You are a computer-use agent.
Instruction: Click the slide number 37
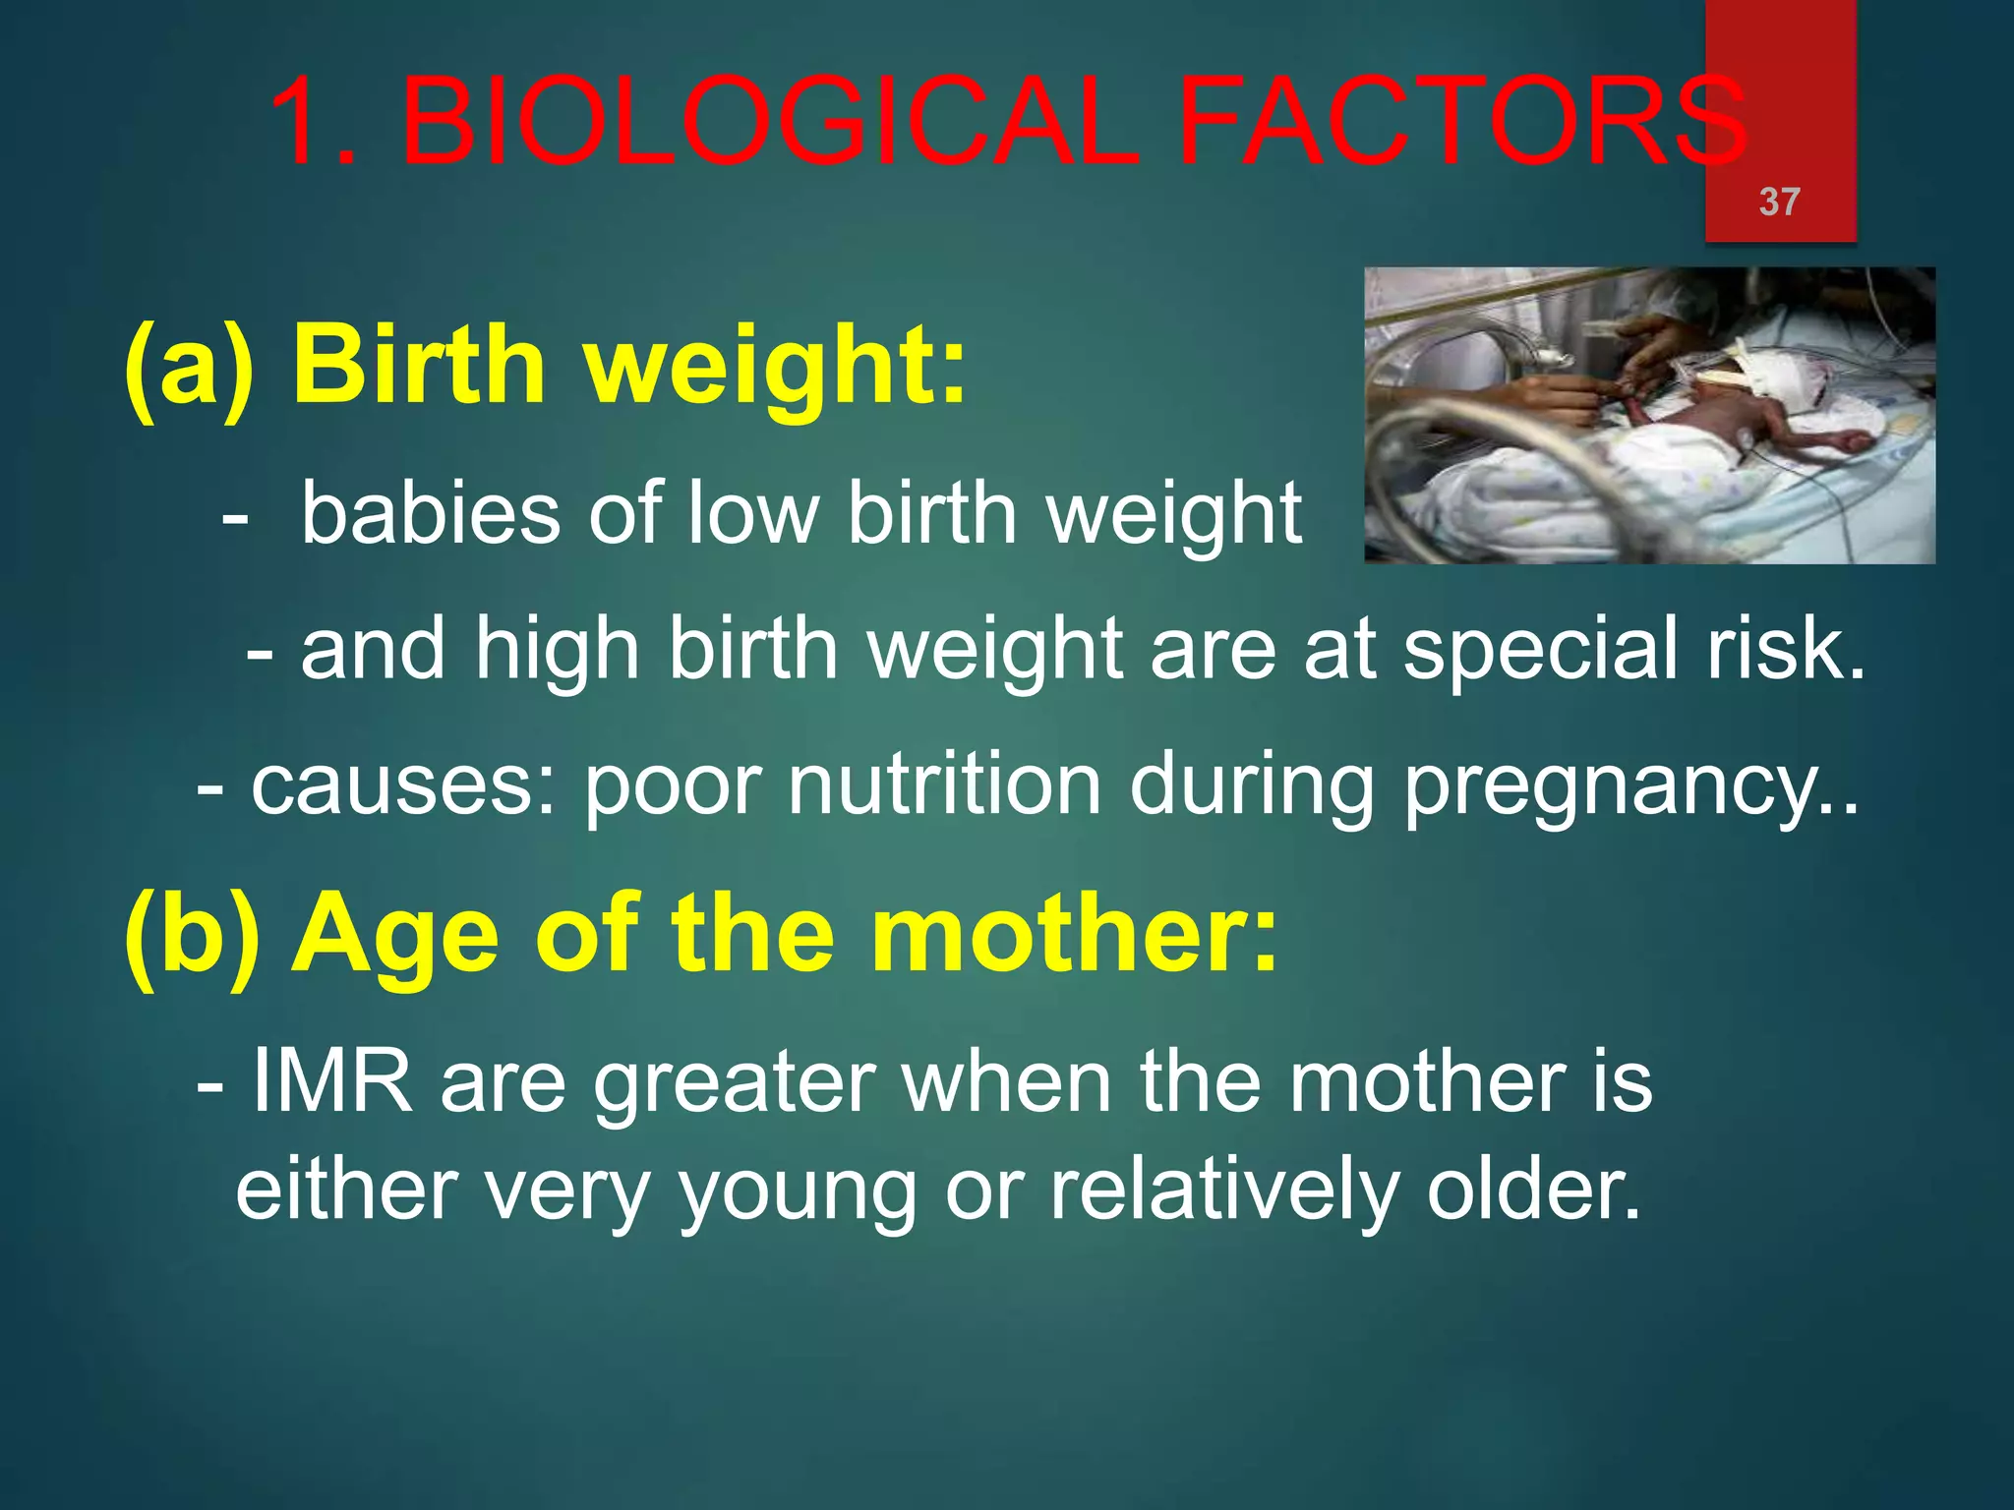point(1779,202)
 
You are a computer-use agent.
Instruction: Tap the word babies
point(431,512)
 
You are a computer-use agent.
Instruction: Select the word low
point(753,512)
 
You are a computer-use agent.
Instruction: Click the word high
point(558,652)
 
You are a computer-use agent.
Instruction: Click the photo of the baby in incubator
point(1649,416)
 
